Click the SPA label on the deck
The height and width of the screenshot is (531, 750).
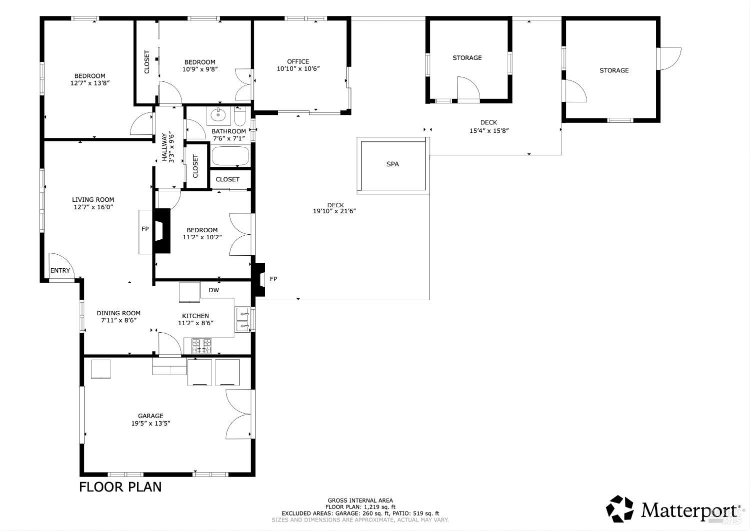pos(392,164)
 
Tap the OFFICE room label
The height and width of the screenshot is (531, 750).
pos(298,61)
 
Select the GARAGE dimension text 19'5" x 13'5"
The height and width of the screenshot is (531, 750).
pos(150,423)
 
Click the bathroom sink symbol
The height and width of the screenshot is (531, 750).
pos(218,115)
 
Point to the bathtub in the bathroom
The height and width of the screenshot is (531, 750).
pos(230,156)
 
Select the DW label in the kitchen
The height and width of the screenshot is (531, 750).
pos(213,290)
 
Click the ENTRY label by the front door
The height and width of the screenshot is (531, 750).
pos(60,271)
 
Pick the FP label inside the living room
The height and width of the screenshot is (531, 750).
pos(145,229)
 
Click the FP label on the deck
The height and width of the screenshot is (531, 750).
pos(273,279)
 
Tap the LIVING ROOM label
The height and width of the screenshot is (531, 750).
pos(93,199)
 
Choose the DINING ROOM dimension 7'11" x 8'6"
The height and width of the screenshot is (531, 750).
pos(118,321)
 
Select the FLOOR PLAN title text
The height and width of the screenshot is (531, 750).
pos(120,487)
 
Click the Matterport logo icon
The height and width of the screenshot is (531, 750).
pos(620,509)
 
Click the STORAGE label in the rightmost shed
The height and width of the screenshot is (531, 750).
pos(614,70)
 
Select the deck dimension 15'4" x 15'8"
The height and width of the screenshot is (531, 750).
pos(488,130)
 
